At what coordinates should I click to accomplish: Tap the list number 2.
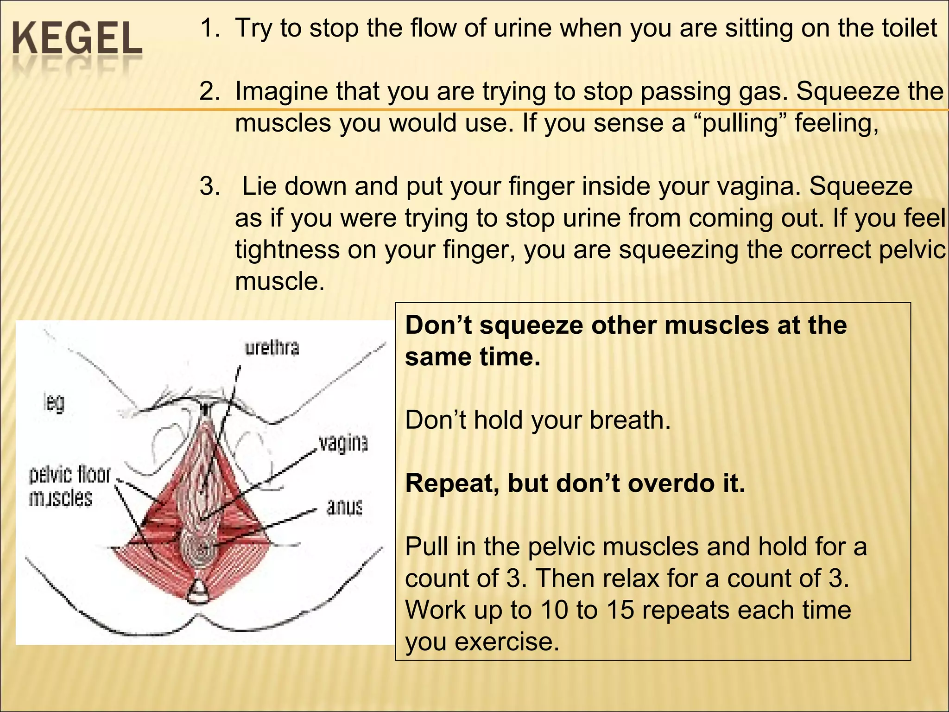tap(209, 91)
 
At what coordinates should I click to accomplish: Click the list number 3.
tap(209, 186)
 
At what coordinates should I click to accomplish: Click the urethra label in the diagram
tap(272, 348)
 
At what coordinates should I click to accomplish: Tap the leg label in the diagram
tap(54, 402)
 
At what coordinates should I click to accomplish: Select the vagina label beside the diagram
tap(343, 443)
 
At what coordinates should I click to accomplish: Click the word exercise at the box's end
tap(506, 642)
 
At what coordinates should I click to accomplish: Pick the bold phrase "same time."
tap(473, 357)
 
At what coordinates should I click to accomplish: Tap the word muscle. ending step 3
tap(280, 281)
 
